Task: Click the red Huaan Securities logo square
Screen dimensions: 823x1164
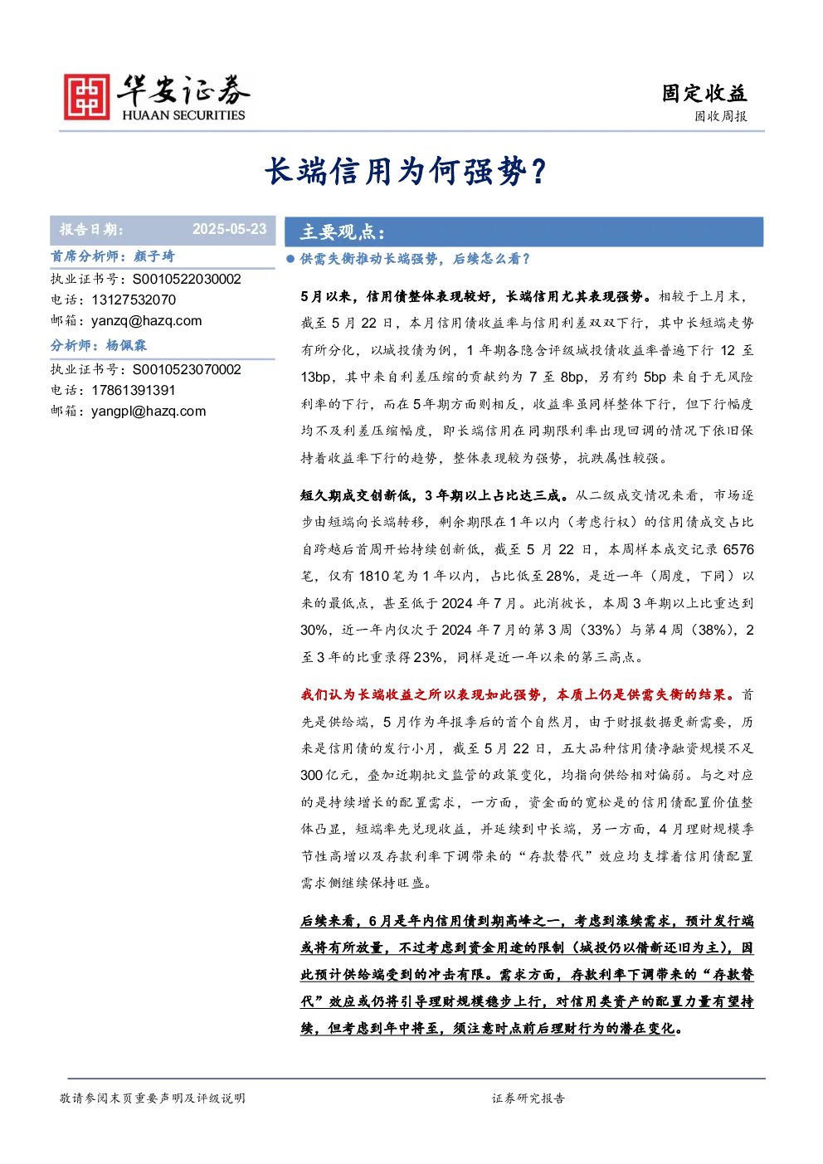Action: pos(87,96)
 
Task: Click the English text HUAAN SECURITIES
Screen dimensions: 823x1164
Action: pos(183,114)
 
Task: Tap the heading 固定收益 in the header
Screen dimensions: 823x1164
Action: pos(704,94)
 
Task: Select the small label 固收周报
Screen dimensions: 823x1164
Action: pos(721,116)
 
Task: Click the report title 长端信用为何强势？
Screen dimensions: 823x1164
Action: pos(406,171)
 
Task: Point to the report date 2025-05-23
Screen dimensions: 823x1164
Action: pos(229,229)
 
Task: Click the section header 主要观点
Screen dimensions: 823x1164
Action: pos(343,231)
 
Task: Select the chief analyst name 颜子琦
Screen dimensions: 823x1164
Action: pos(153,256)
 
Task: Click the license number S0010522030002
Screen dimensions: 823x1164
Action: pos(187,279)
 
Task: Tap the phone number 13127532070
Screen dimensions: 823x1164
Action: pos(134,300)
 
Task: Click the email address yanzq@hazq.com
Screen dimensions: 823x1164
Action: pos(147,320)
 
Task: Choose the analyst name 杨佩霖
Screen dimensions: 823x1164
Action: pos(126,346)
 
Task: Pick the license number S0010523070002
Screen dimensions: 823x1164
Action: pos(187,369)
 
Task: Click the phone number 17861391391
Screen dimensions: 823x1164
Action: pos(134,390)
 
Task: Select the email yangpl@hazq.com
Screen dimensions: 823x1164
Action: pos(149,411)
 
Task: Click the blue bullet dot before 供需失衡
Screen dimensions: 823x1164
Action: pos(290,259)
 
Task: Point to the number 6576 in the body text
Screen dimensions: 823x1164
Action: pos(738,549)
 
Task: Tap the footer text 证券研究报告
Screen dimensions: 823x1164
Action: pos(528,1098)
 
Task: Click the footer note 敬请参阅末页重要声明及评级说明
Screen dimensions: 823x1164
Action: pos(152,1098)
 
